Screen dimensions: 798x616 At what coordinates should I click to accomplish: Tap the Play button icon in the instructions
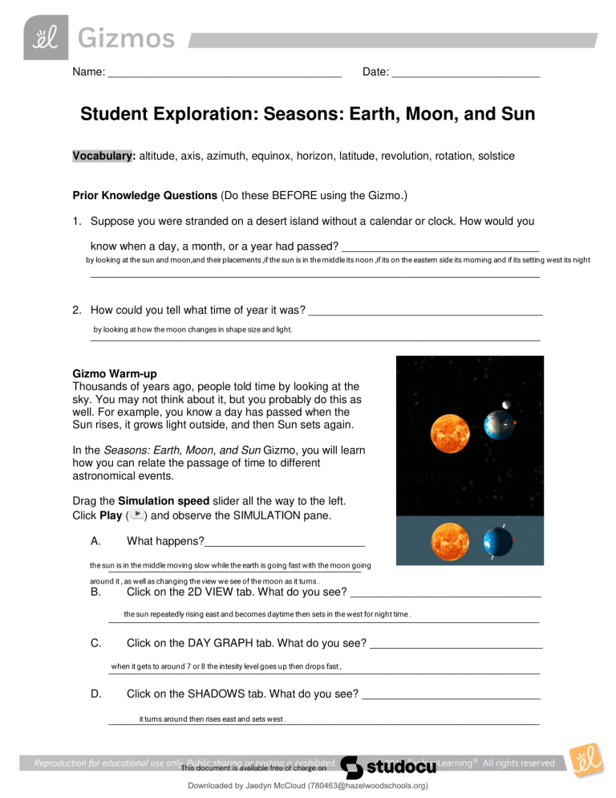click(138, 514)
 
